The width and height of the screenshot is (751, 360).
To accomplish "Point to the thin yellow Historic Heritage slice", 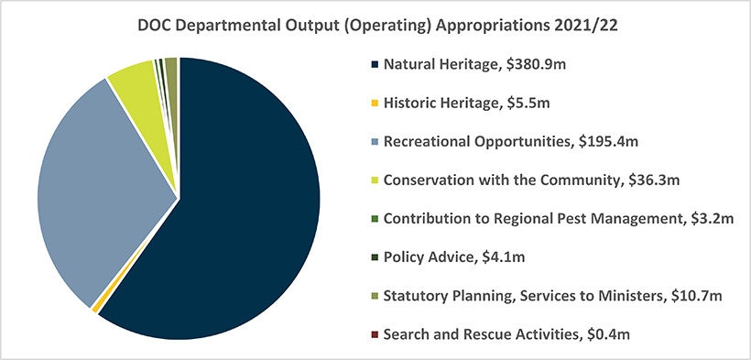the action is point(96,310).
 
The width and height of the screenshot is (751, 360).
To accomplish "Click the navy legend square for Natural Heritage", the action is point(375,64).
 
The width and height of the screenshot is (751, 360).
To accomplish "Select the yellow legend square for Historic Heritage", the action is point(375,103).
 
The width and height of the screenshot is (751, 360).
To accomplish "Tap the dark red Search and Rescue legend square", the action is point(375,334).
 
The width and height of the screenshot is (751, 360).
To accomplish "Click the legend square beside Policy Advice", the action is point(375,256).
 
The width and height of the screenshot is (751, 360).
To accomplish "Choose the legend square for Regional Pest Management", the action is point(375,219).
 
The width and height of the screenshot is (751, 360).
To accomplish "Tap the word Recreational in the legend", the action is point(424,141).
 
